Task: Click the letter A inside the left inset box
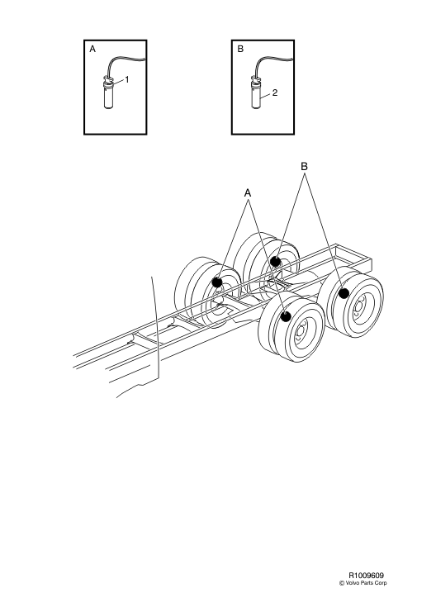point(92,50)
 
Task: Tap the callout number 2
point(274,93)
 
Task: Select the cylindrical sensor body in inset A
point(108,100)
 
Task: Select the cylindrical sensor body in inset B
point(256,100)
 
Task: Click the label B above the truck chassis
point(304,166)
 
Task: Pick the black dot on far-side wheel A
point(217,282)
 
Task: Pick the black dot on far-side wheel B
point(275,263)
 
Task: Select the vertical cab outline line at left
point(154,330)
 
